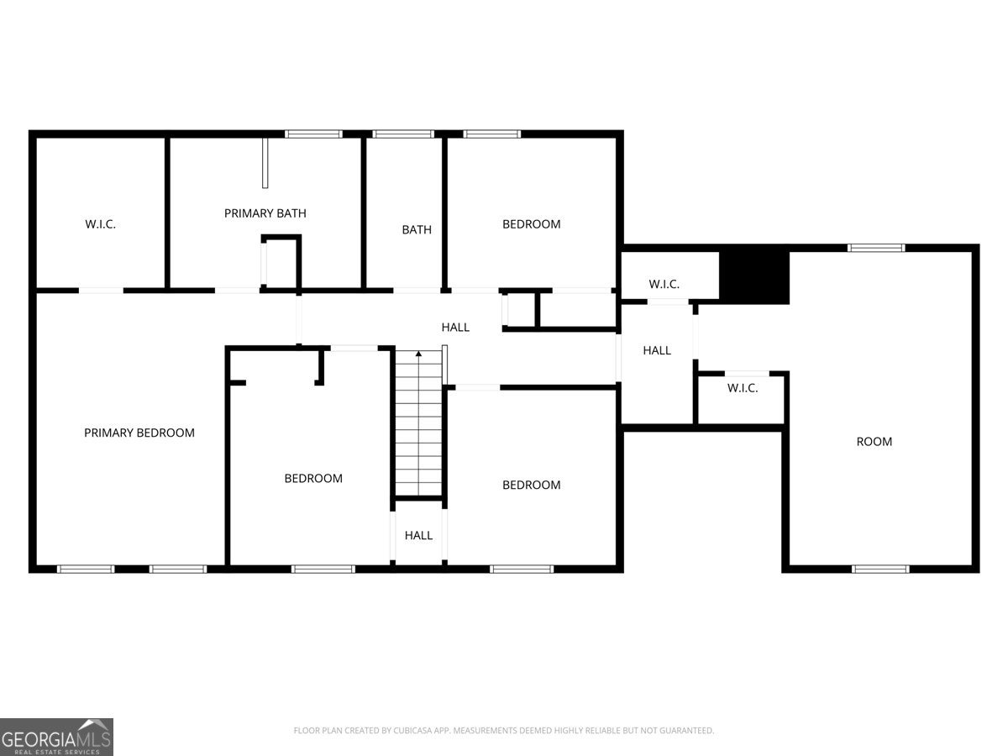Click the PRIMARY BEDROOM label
coord(139,433)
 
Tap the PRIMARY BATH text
coord(265,213)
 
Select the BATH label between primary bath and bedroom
coord(417,229)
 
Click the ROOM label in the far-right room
coord(874,441)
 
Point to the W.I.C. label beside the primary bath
coord(100,224)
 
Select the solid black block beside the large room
coord(755,277)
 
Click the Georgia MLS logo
coord(56,737)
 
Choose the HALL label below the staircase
coord(418,535)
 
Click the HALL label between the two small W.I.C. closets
coord(657,350)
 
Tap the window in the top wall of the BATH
coord(403,134)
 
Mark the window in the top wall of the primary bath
coord(313,134)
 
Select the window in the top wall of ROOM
coord(876,248)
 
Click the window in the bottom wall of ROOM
coord(880,569)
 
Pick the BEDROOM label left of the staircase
coord(313,478)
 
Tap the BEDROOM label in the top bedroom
coord(531,224)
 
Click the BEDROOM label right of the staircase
coord(531,485)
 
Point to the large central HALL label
coord(455,327)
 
